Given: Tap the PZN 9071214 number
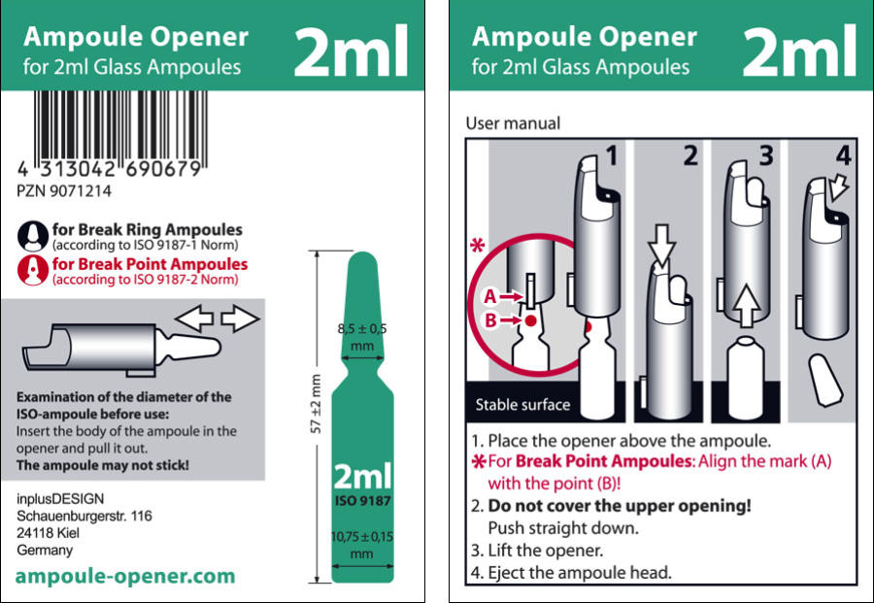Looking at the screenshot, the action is [64, 191].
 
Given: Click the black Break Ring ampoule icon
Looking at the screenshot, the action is [33, 236].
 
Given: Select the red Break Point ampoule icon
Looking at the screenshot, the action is [33, 271].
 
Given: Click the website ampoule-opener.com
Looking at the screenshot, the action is [125, 576].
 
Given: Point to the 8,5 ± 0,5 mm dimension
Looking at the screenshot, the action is [362, 337].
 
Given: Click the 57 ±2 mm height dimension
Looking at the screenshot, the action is [316, 404].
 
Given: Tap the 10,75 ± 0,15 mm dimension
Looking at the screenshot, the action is [362, 545].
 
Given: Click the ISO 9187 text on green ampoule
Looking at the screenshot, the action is [363, 500].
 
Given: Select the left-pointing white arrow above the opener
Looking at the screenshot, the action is [194, 318].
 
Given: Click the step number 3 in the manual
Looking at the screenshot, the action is [767, 156].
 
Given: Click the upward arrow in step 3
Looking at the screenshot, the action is [747, 305].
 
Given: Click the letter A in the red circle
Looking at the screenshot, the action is [490, 296].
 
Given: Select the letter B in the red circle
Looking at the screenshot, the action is [490, 320].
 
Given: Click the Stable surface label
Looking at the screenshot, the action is [522, 405].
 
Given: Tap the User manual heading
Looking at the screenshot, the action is [514, 123].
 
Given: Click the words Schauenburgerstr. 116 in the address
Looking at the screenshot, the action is [84, 516].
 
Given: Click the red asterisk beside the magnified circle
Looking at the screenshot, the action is [478, 246].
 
